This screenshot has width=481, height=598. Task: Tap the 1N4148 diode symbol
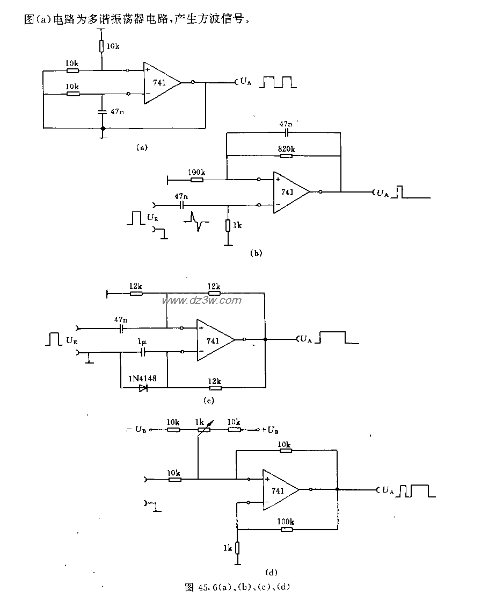[142, 387]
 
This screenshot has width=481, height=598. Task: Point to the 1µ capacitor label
[142, 342]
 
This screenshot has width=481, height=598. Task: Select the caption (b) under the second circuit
[256, 252]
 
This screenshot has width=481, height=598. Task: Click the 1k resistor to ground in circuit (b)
[229, 225]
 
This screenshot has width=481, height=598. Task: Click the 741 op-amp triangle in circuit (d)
[279, 490]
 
